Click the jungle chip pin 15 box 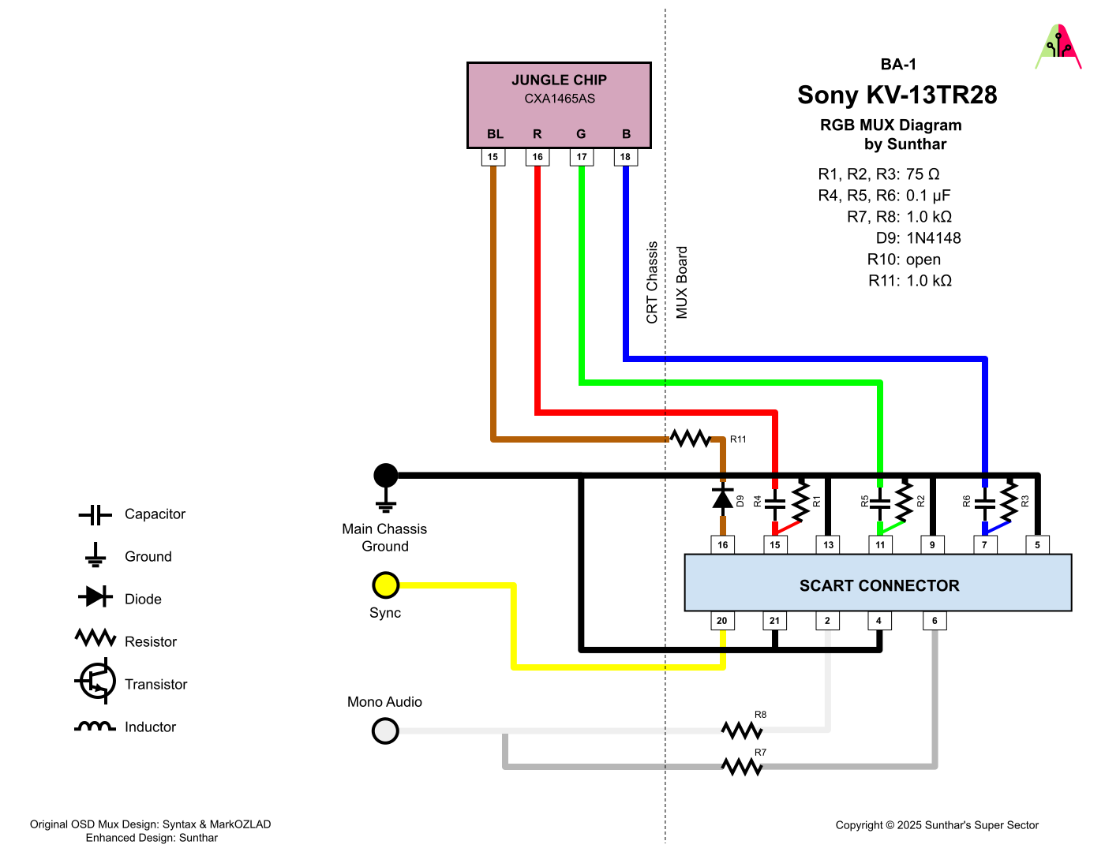[493, 157]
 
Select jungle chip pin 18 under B [625, 157]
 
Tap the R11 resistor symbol [691, 439]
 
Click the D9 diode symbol [723, 498]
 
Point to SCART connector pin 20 [722, 621]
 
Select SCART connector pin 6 [935, 621]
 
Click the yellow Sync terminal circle [386, 585]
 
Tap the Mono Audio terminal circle [386, 731]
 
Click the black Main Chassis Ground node [386, 476]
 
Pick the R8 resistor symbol [742, 731]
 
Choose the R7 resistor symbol [742, 766]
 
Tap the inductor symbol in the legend [95, 727]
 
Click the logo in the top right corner [1058, 47]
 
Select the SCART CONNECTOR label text [879, 585]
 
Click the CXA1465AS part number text [560, 99]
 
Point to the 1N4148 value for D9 [933, 238]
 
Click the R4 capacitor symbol [775, 502]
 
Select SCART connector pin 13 [828, 544]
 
